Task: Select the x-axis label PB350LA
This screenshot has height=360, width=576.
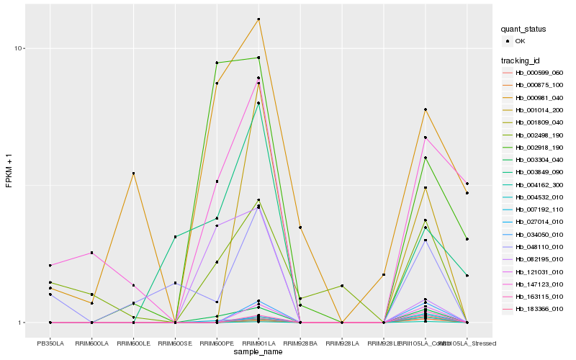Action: [50, 333]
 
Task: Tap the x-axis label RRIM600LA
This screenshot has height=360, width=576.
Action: [91, 333]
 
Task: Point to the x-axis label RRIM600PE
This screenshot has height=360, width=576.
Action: [217, 333]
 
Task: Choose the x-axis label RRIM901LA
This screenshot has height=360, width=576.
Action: [258, 333]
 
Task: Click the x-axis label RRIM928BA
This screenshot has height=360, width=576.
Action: [300, 333]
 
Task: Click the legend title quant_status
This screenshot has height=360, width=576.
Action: [523, 30]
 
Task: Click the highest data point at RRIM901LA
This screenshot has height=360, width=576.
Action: [258, 19]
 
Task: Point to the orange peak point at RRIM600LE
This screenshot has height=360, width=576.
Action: [133, 174]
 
